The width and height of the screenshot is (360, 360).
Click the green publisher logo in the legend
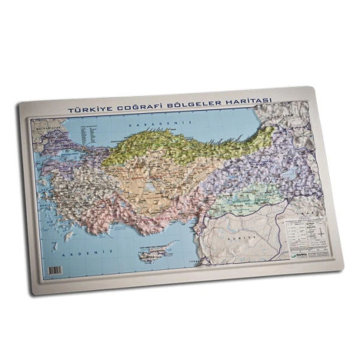pyautogui.click(x=298, y=254)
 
